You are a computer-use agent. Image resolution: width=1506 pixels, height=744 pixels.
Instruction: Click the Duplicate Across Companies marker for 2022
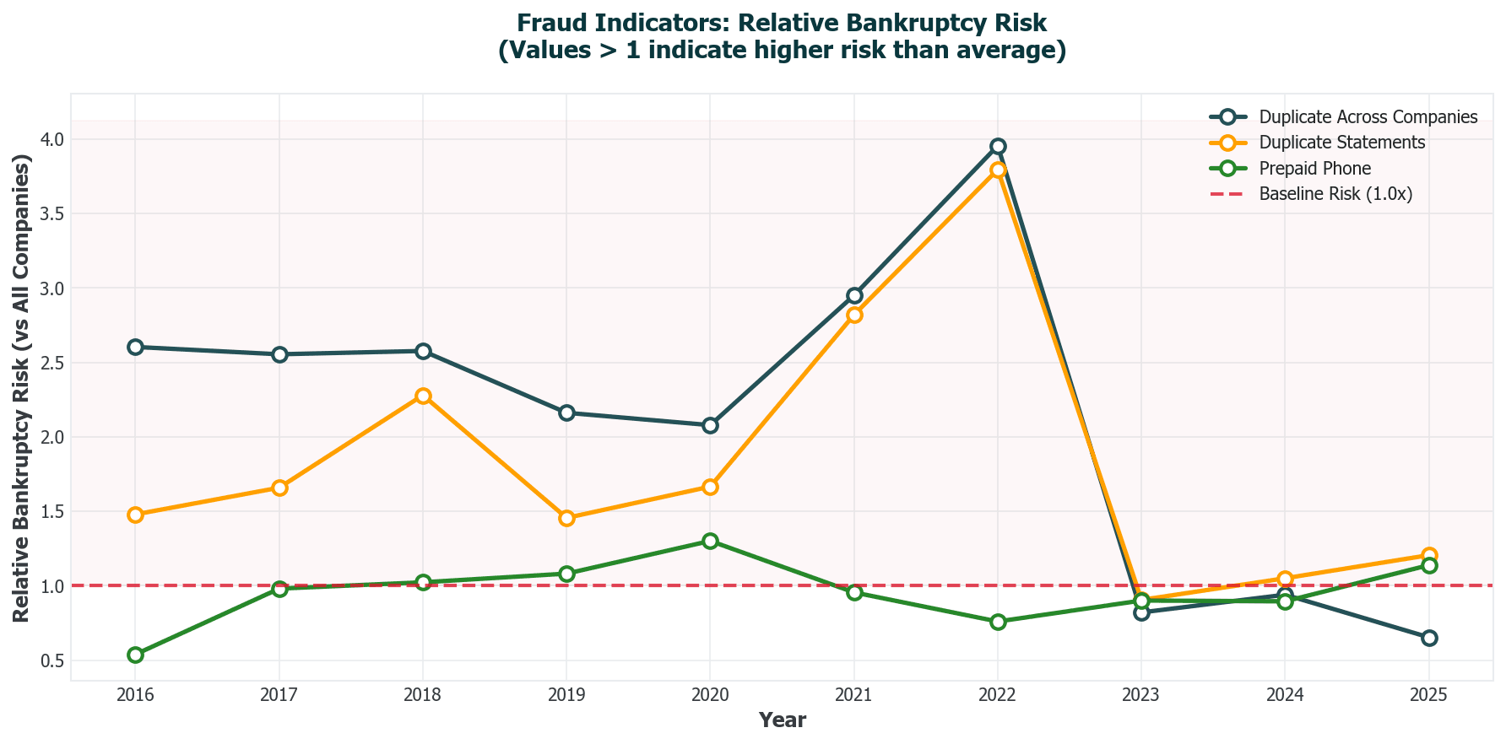click(x=998, y=146)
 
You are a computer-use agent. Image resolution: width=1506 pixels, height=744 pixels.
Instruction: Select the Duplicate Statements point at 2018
click(x=423, y=396)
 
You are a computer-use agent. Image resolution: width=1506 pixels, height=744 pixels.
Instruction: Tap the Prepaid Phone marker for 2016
click(x=135, y=655)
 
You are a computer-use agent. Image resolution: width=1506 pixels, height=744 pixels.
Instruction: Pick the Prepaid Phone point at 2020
click(x=710, y=541)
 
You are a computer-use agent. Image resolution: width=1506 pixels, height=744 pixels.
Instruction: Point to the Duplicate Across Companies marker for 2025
click(x=1428, y=638)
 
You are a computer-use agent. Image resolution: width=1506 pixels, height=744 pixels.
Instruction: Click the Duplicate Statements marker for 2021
click(x=854, y=315)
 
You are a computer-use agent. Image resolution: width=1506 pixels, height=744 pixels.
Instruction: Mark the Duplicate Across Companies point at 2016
click(x=135, y=347)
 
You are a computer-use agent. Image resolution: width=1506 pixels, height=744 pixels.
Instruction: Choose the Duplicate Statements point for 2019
click(x=566, y=518)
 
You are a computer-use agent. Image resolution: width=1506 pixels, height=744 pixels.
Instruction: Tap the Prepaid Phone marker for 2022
click(x=998, y=622)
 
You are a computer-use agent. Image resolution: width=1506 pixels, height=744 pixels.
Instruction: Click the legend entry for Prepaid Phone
click(x=1314, y=168)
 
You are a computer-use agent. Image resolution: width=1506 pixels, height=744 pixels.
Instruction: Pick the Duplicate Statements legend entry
click(x=1341, y=143)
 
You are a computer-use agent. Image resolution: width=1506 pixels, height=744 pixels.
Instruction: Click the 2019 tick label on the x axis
click(x=566, y=696)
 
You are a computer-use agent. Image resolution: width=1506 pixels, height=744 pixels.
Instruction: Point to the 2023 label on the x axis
click(x=1141, y=696)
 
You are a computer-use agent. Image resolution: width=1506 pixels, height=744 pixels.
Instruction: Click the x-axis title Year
click(x=782, y=720)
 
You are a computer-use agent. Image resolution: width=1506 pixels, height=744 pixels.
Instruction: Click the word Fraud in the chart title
click(x=546, y=23)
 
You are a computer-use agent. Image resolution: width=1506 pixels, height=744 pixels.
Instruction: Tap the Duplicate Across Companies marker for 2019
click(x=566, y=412)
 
